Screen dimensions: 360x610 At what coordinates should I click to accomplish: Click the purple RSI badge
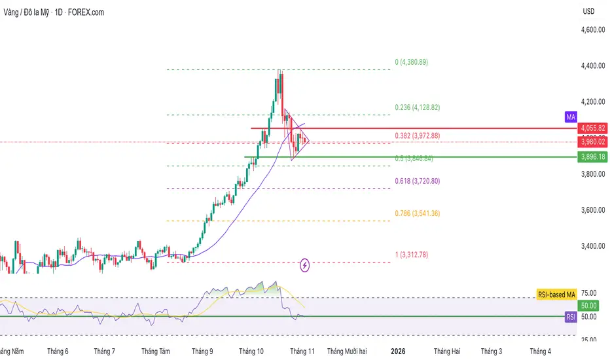pyautogui.click(x=570, y=317)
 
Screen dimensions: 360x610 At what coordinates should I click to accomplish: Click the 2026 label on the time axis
pyautogui.click(x=398, y=351)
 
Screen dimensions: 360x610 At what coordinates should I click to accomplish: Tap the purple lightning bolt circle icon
pyautogui.click(x=305, y=265)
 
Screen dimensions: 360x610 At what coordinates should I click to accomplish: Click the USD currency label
pyautogui.click(x=588, y=12)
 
